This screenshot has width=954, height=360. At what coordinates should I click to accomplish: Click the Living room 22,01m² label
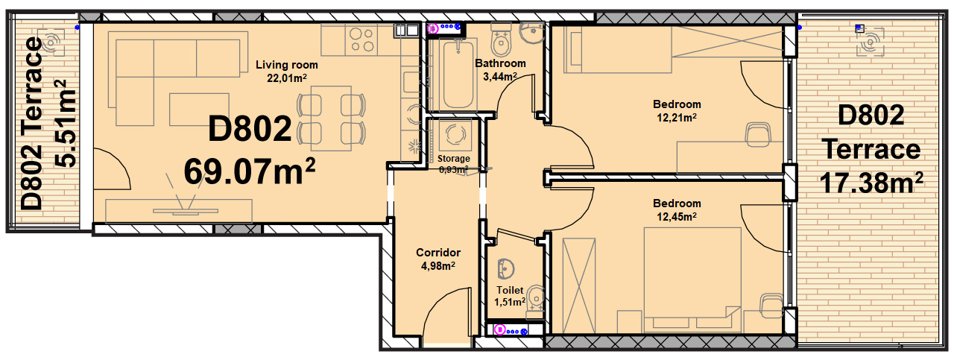(287, 71)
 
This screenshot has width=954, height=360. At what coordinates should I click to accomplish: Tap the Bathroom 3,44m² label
(500, 70)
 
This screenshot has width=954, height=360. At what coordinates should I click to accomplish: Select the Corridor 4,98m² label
(438, 259)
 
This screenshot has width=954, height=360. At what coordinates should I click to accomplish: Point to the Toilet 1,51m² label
(510, 296)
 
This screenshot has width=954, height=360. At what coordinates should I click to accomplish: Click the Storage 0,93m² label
(454, 164)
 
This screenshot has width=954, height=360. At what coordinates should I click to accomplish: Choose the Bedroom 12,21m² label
(677, 111)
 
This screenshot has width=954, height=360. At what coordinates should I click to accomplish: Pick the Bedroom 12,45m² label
(677, 210)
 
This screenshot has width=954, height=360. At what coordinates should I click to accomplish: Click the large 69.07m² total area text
(250, 171)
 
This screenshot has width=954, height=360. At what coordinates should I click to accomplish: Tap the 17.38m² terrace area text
(871, 183)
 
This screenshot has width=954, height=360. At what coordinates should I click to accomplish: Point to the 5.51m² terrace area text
(66, 123)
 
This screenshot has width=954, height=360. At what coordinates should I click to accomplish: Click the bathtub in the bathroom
(458, 74)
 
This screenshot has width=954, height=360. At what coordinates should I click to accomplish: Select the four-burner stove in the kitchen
(361, 40)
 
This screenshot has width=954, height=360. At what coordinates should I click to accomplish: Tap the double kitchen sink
(407, 31)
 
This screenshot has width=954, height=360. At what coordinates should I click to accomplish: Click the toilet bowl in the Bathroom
(502, 40)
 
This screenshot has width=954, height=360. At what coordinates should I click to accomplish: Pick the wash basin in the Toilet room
(506, 269)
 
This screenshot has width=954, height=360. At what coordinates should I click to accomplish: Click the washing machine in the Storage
(454, 135)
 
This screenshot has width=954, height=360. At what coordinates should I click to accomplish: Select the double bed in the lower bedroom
(692, 280)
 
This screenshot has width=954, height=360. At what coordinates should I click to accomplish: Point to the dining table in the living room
(331, 119)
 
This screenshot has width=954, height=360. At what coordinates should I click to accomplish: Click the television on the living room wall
(186, 211)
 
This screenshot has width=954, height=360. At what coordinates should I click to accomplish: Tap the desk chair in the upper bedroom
(758, 135)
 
